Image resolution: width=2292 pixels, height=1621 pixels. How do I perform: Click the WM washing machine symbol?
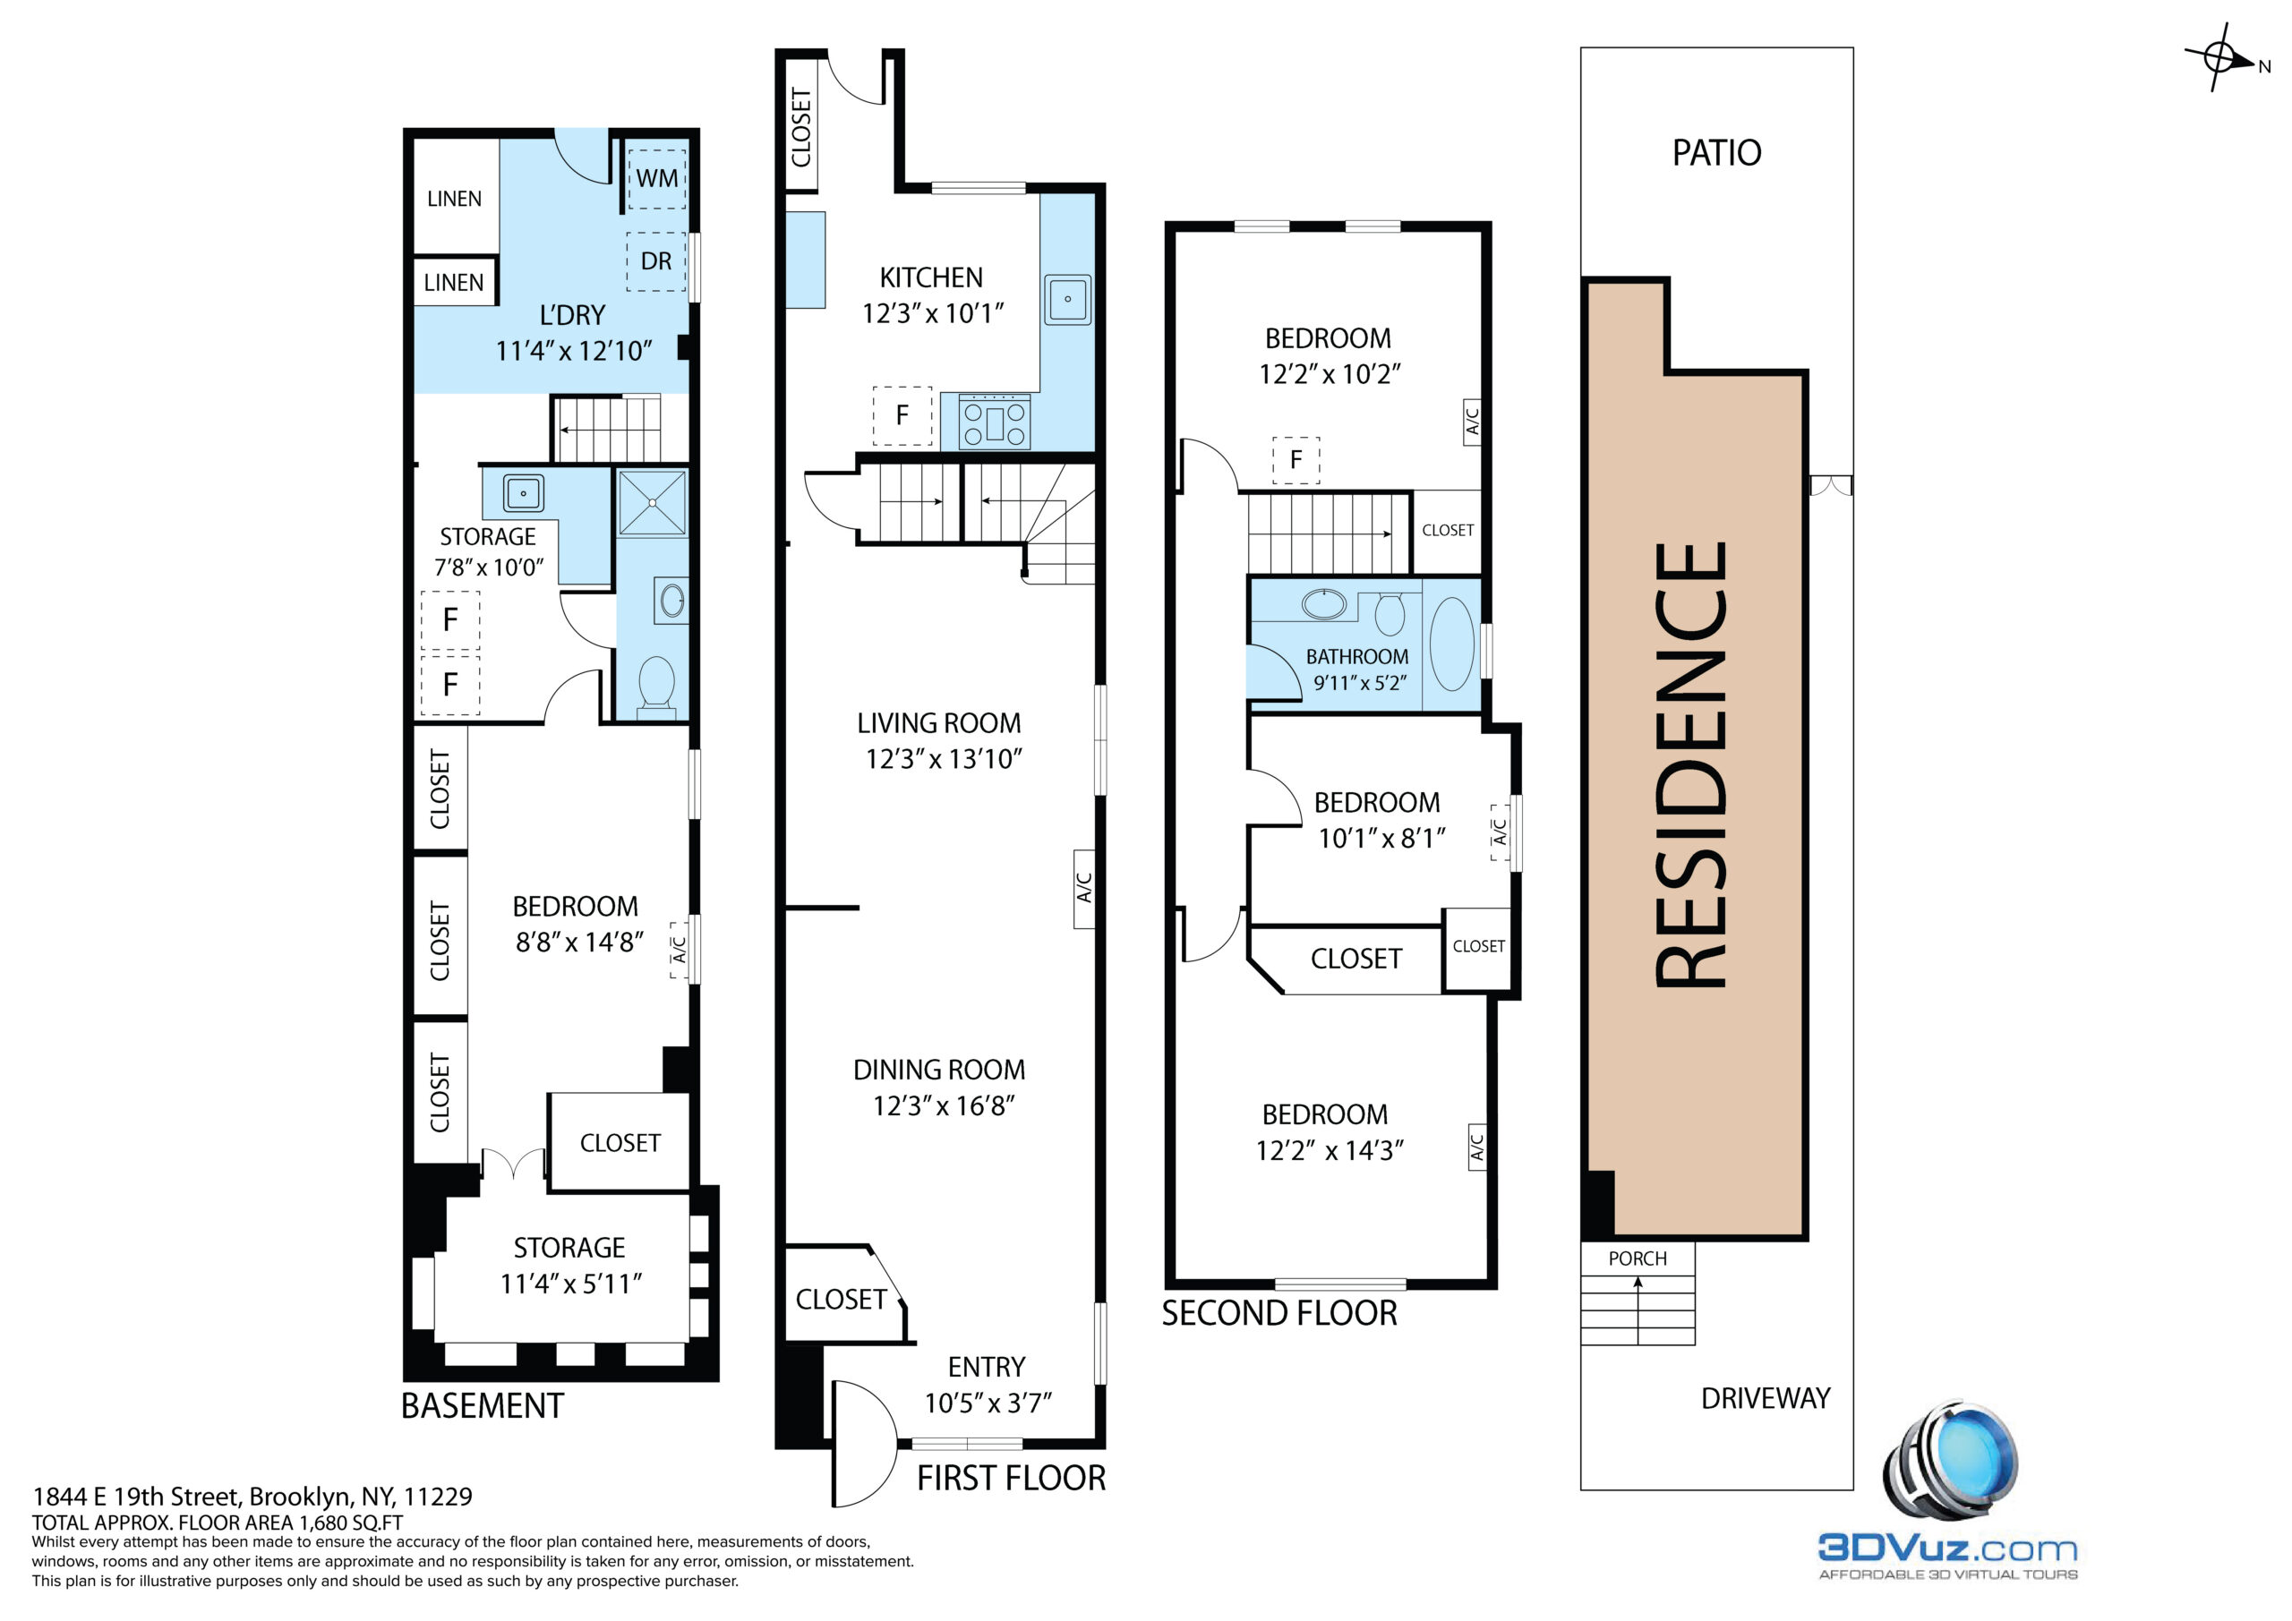pyautogui.click(x=656, y=177)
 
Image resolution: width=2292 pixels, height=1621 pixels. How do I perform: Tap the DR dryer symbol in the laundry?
pyautogui.click(x=656, y=261)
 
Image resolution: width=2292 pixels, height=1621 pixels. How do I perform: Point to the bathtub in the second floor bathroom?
pyautogui.click(x=1451, y=644)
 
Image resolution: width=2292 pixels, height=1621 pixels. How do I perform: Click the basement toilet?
pyautogui.click(x=656, y=684)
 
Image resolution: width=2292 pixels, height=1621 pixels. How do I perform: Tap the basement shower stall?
pyautogui.click(x=653, y=503)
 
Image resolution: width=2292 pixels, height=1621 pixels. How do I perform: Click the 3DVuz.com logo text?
pyautogui.click(x=1947, y=1548)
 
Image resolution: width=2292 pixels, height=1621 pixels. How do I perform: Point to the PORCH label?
pyautogui.click(x=1638, y=1258)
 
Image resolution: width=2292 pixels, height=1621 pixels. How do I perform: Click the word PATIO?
pyautogui.click(x=1717, y=153)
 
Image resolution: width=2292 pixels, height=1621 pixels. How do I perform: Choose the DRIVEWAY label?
pyautogui.click(x=1766, y=1398)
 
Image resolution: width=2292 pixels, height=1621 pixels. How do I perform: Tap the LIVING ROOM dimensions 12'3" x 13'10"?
pyautogui.click(x=945, y=760)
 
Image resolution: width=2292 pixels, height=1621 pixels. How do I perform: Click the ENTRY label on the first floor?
pyautogui.click(x=987, y=1367)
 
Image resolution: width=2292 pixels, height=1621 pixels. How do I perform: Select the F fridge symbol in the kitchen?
pyautogui.click(x=902, y=415)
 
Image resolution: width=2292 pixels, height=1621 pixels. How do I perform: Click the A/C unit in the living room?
pyautogui.click(x=1084, y=888)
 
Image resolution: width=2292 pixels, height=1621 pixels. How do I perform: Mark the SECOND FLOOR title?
pyautogui.click(x=1279, y=1314)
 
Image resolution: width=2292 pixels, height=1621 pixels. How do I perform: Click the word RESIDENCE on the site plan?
pyautogui.click(x=1691, y=764)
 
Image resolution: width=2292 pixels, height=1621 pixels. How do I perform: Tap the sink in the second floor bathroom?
pyautogui.click(x=1323, y=604)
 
